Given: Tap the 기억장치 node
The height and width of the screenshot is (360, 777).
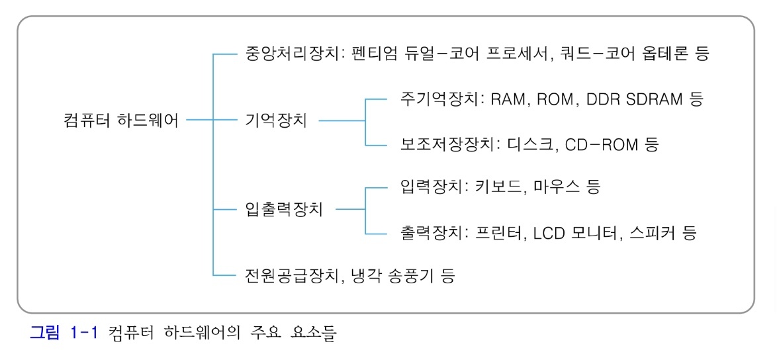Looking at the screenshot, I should pos(275,121).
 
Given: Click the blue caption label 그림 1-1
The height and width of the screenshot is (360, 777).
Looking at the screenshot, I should pos(64,333).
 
